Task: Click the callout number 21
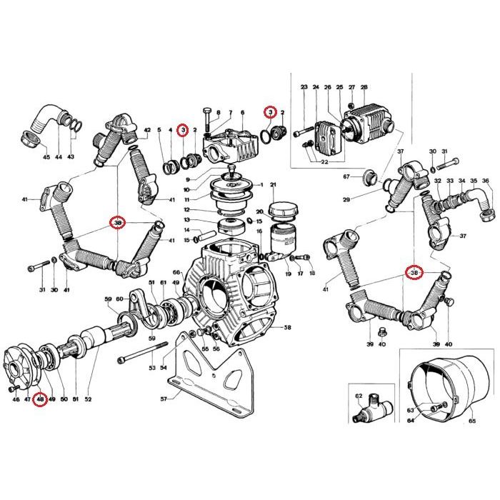273,185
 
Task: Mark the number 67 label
346,176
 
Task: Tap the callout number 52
89,399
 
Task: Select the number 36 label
486,181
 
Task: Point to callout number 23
304,87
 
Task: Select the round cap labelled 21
279,210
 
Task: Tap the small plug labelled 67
369,176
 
